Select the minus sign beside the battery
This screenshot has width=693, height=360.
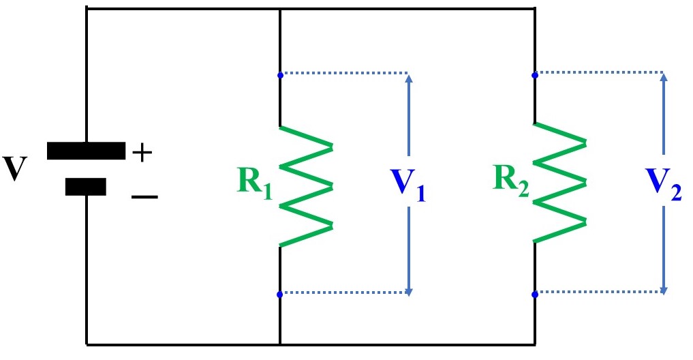[144, 197]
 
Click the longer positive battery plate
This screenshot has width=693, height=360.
[86, 151]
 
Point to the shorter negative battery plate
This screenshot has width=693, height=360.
[86, 186]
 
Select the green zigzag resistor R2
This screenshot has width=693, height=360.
[560, 183]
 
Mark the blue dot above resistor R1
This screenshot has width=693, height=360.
[280, 74]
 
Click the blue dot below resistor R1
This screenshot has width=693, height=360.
[280, 295]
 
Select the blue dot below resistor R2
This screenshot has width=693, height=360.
[535, 295]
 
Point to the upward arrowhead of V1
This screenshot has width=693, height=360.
[409, 78]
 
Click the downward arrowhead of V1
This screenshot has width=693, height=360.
[409, 290]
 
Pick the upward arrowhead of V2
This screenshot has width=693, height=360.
[664, 78]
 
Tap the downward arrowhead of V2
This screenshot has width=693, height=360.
[664, 290]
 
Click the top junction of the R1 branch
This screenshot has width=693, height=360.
[280, 9]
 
